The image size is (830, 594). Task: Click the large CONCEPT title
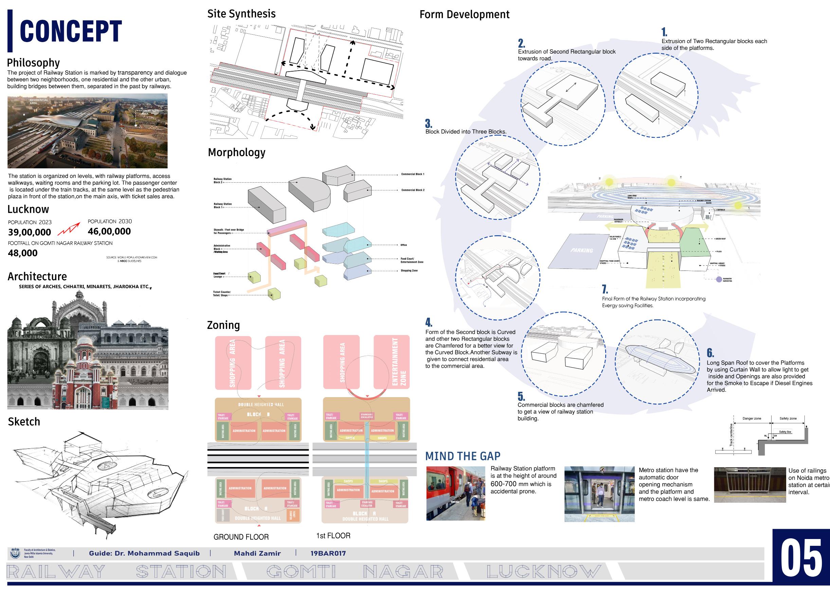[x=70, y=32]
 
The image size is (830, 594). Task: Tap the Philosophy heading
[x=33, y=63]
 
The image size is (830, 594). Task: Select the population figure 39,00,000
[x=29, y=232]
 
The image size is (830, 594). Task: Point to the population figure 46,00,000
[x=109, y=231]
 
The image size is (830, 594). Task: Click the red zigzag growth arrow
[x=69, y=228]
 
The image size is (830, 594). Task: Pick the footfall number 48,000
[x=23, y=253]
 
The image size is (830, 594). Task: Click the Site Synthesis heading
[x=241, y=14]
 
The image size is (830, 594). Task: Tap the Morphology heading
[x=236, y=152]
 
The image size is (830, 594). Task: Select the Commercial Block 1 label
[x=412, y=174]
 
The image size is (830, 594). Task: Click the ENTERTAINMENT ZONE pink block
[x=392, y=362]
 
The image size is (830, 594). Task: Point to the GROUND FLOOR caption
[x=241, y=537]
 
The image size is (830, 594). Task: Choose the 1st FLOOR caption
[x=333, y=536]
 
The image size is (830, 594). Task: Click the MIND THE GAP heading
[x=463, y=456]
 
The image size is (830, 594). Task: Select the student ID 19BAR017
[x=328, y=553]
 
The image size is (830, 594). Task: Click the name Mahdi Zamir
[x=257, y=553]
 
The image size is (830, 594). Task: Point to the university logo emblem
[x=15, y=553]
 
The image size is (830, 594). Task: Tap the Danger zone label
[x=752, y=419]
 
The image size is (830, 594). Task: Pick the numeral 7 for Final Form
[x=605, y=289]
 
